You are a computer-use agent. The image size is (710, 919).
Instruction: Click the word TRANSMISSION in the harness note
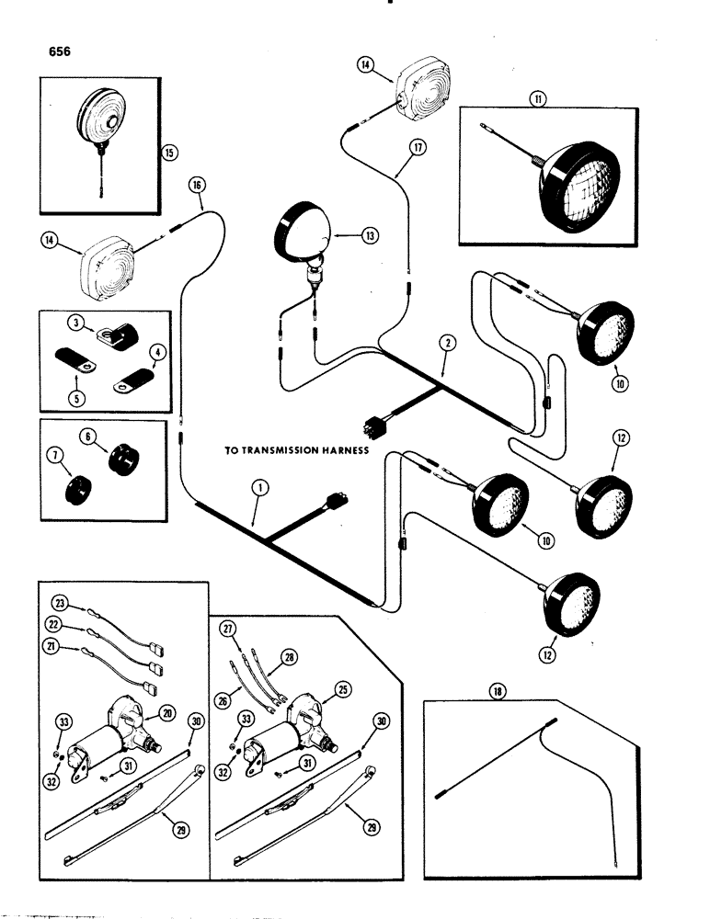click(288, 450)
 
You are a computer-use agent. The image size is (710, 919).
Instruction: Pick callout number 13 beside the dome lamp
click(370, 235)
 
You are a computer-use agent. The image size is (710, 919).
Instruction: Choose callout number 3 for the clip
click(72, 322)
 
